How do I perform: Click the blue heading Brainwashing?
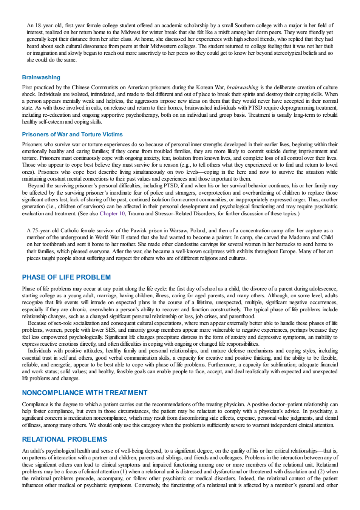click(41, 77)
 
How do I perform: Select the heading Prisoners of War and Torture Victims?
click(72, 134)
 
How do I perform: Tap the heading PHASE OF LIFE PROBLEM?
click(66, 277)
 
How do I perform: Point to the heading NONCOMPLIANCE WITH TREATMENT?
click(85, 393)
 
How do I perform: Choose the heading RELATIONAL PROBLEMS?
click(65, 439)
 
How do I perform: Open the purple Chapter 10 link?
click(112, 213)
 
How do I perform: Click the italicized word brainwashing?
click(243, 87)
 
